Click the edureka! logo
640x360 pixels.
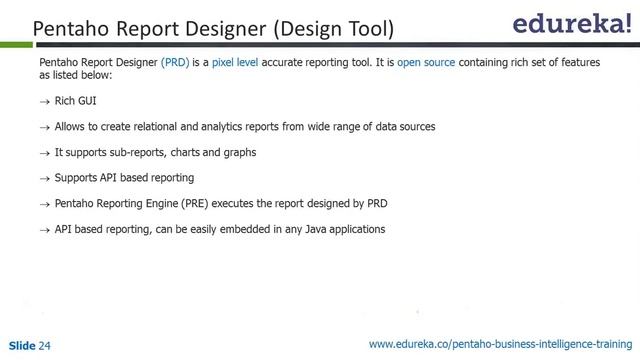572,25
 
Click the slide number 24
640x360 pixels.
44,346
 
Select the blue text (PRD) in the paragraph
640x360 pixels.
176,62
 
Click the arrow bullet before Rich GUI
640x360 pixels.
44,102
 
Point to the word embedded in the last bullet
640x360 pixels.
250,230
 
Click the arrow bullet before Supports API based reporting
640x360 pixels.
44,179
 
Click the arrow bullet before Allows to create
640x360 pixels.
44,128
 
